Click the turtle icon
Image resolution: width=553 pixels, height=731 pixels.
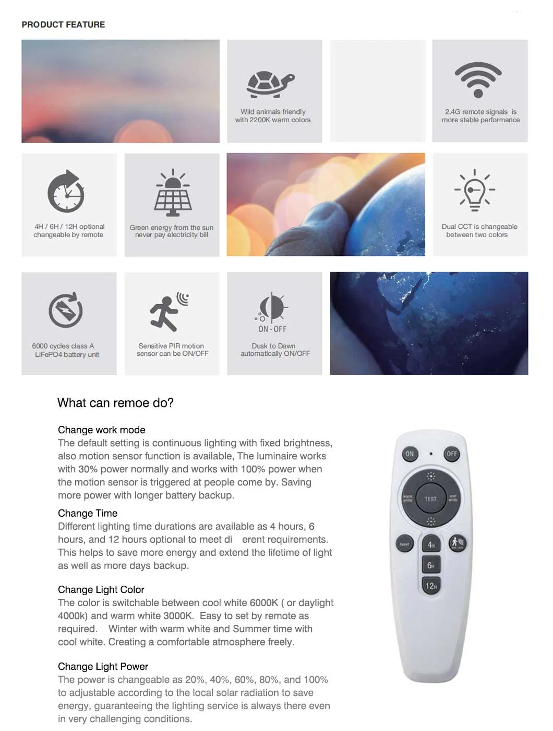[x=271, y=84]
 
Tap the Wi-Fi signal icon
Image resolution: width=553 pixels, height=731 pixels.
[x=478, y=79]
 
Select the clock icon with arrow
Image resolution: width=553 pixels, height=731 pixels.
[x=66, y=191]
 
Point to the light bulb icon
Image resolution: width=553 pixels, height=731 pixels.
[x=475, y=190]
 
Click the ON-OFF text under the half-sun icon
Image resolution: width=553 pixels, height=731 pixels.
[x=272, y=329]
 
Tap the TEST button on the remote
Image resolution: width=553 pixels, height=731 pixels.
[x=430, y=499]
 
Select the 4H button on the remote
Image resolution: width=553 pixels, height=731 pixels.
[x=431, y=544]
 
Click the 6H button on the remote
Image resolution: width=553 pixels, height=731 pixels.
[x=431, y=565]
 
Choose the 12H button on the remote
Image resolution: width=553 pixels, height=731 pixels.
[x=431, y=585]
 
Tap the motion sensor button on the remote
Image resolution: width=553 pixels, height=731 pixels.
[x=457, y=543]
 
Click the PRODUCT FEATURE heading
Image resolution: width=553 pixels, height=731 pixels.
[x=63, y=25]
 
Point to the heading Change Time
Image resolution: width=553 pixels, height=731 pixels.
[x=88, y=513]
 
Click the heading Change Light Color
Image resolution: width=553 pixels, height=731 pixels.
[x=101, y=589]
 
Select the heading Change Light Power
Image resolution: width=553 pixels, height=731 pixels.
[x=103, y=666]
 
